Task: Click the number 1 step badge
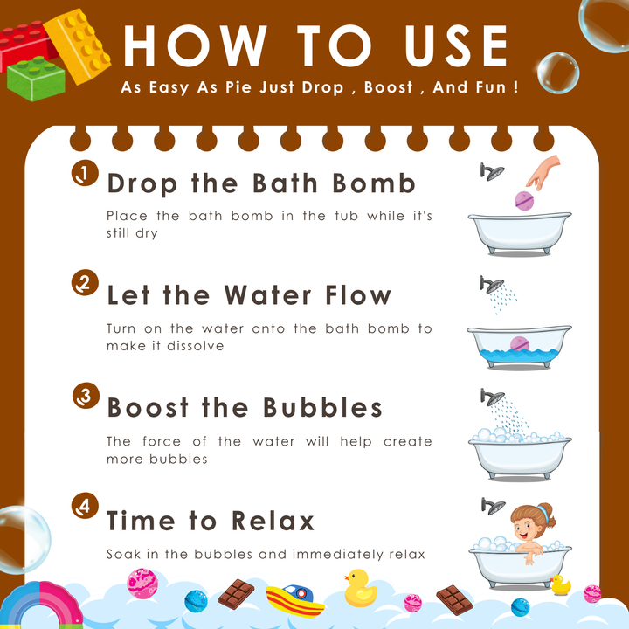[x=85, y=173]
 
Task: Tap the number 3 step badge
[x=86, y=396]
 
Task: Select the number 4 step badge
[x=85, y=506]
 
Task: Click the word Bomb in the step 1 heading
[x=374, y=183]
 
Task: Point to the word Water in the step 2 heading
[x=267, y=295]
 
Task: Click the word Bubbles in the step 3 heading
[x=322, y=408]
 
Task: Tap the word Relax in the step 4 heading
[x=273, y=521]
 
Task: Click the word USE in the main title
[x=456, y=45]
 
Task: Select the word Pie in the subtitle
[x=239, y=87]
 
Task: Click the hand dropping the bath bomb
[x=544, y=172]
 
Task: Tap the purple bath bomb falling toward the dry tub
[x=524, y=201]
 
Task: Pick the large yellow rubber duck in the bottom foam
[x=360, y=588]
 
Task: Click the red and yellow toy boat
[x=295, y=600]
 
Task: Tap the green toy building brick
[x=36, y=79]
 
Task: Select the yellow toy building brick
[x=78, y=45]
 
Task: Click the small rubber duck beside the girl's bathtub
[x=560, y=584]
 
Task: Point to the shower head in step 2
[x=491, y=285]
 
